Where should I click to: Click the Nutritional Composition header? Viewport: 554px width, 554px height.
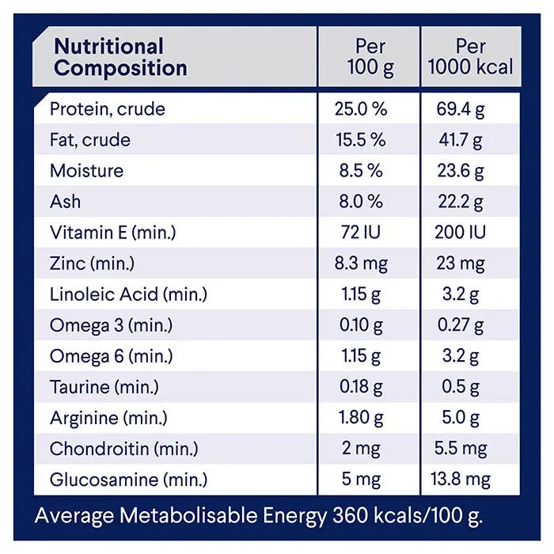coord(120,57)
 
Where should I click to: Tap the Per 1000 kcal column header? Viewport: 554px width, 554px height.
coord(470,57)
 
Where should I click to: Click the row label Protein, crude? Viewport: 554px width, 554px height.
coord(108,109)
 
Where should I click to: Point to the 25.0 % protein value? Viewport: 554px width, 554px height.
coord(360,109)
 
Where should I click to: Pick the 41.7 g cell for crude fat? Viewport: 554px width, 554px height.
coord(461,140)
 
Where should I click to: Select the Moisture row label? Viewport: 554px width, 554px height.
coord(86,171)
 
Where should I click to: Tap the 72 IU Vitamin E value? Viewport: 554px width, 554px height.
coord(360,233)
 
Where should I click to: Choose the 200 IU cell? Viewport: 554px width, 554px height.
coord(461,233)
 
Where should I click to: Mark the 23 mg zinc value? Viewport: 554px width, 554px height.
coord(461,264)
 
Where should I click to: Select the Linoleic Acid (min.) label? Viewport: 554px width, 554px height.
coord(128,294)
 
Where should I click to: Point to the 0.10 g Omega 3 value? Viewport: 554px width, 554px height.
coord(360,325)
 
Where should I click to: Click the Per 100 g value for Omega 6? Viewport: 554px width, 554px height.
coord(360,356)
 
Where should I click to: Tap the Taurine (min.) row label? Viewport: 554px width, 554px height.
coord(104,387)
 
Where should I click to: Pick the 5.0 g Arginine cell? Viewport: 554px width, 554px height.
coord(461,418)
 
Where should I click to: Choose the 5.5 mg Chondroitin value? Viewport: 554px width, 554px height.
coord(461,449)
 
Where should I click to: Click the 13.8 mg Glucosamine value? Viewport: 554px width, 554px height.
coord(461,480)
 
